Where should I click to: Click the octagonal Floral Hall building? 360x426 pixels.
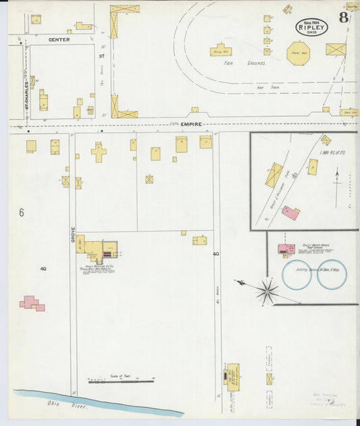click(x=297, y=53)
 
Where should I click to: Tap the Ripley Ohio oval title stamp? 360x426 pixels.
click(x=311, y=27)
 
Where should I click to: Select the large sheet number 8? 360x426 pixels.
click(x=344, y=18)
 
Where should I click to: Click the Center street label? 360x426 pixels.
click(x=59, y=40)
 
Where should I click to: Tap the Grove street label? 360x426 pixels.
click(x=72, y=235)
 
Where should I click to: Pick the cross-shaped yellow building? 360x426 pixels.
click(x=99, y=152)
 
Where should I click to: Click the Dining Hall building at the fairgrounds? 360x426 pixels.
click(x=220, y=50)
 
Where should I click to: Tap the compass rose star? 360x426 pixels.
click(x=267, y=291)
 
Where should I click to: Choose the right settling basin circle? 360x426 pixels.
click(x=332, y=275)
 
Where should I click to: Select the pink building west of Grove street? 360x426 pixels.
click(x=32, y=303)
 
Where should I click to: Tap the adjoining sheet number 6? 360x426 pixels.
click(x=22, y=213)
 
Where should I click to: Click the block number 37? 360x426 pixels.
click(x=101, y=55)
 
